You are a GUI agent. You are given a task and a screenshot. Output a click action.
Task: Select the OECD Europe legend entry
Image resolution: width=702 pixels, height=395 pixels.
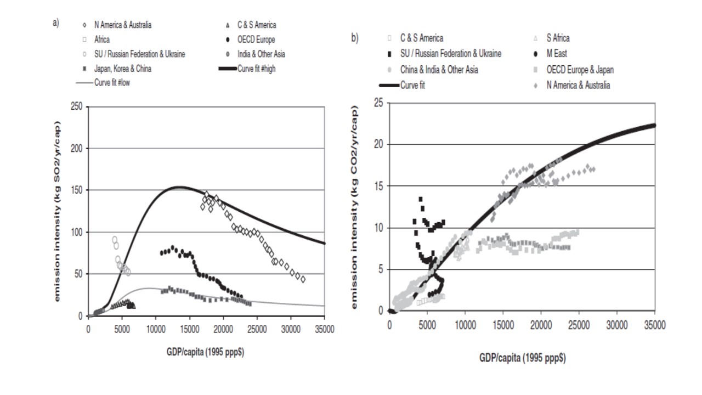(x=256, y=39)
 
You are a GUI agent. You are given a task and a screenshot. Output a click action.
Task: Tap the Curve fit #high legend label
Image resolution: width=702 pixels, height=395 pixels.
(x=261, y=69)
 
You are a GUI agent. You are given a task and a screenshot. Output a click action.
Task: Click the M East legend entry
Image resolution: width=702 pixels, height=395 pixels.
(x=556, y=53)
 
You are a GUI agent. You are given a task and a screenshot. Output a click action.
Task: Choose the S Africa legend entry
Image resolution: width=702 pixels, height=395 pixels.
(x=558, y=38)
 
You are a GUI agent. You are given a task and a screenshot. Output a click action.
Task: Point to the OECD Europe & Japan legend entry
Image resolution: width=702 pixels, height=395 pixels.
(x=580, y=69)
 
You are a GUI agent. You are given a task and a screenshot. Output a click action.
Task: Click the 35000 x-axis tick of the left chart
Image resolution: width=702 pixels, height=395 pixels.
(x=324, y=328)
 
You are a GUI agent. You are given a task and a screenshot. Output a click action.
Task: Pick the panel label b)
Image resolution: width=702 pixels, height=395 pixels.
(x=355, y=38)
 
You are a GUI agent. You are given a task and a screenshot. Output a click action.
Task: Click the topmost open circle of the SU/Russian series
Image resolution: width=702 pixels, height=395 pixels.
(x=115, y=240)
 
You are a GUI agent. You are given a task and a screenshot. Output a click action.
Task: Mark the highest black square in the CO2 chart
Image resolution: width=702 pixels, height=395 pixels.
(x=421, y=199)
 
